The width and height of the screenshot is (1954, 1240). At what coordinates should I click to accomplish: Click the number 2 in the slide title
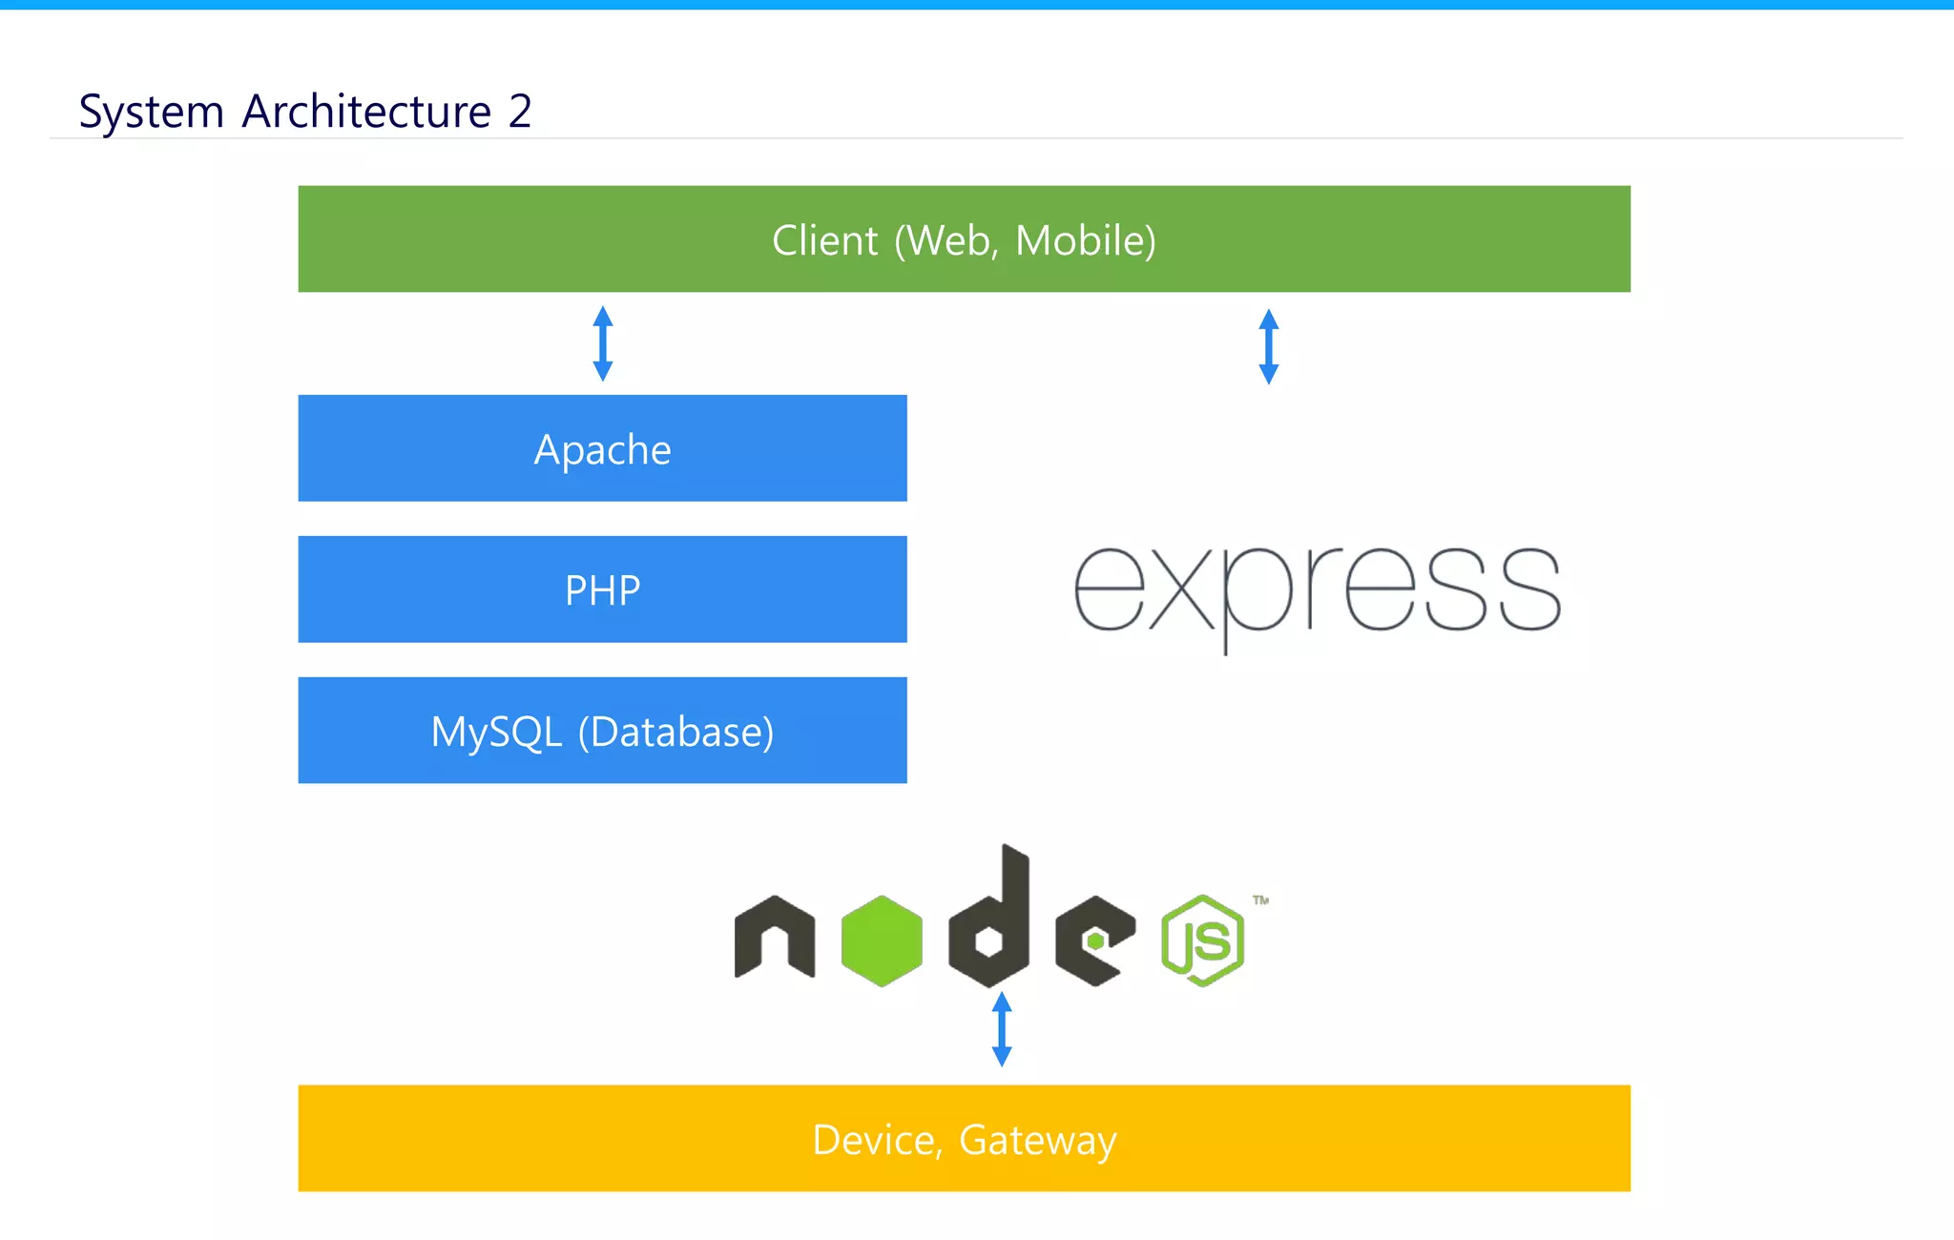click(x=520, y=112)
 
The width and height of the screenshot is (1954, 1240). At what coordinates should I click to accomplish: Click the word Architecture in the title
click(x=366, y=112)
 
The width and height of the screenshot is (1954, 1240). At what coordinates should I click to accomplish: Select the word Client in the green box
click(x=824, y=240)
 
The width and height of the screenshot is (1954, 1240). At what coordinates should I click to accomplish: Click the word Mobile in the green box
click(x=1085, y=240)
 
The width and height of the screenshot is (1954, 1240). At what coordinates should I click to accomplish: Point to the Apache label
click(x=602, y=449)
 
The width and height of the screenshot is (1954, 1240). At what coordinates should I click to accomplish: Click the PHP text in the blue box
click(x=602, y=590)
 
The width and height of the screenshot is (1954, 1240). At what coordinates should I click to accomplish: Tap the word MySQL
click(x=496, y=733)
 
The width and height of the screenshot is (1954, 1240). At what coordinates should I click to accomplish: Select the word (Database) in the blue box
click(x=676, y=733)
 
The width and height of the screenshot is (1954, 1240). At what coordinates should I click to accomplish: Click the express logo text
click(x=1317, y=591)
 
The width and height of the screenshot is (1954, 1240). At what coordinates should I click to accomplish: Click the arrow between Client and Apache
click(x=602, y=343)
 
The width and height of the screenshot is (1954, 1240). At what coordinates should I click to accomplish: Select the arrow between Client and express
click(x=1268, y=346)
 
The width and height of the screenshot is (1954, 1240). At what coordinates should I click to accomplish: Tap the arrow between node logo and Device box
click(x=1002, y=1028)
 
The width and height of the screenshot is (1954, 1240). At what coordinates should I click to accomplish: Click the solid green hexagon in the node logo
click(x=882, y=940)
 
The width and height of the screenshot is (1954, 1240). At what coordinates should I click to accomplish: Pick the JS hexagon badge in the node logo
click(x=1202, y=940)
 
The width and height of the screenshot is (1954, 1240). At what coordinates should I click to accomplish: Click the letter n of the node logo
click(x=774, y=937)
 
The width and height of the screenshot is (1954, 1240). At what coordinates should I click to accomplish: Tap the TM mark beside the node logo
click(x=1260, y=899)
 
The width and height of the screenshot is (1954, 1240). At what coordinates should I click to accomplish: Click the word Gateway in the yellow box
click(x=1037, y=1140)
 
